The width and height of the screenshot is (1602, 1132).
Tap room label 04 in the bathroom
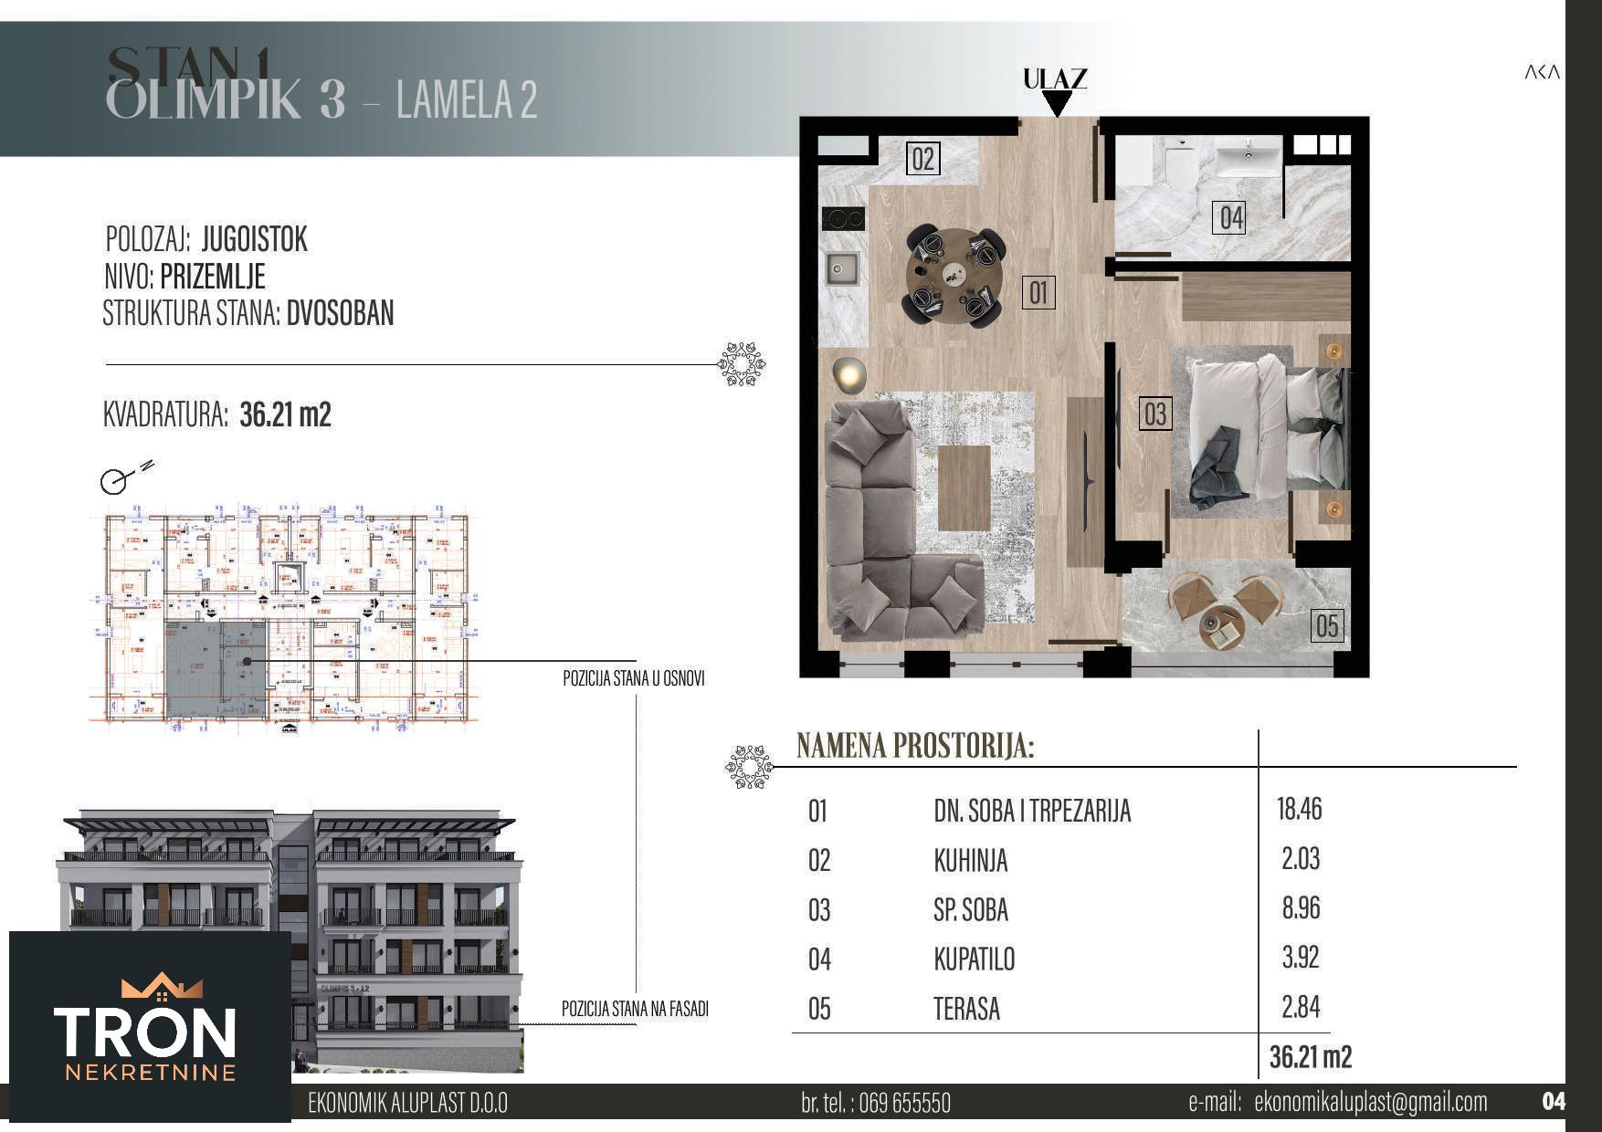click(x=1231, y=218)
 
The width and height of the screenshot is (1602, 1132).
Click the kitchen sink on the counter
click(x=841, y=268)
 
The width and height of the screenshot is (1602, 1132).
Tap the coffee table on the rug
click(x=964, y=488)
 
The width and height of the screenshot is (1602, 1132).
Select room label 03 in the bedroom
click(x=1155, y=414)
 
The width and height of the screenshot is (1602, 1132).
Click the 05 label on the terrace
click(x=1326, y=626)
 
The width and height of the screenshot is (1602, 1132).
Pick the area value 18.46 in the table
click(x=1299, y=809)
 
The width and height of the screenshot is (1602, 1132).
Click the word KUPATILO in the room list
click(x=974, y=959)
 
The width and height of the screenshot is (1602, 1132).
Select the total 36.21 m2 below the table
click(x=1310, y=1057)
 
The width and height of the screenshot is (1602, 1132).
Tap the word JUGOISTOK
click(x=254, y=240)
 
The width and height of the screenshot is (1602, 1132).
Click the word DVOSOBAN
click(x=340, y=313)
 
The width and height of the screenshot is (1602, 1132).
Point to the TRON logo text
click(x=145, y=1032)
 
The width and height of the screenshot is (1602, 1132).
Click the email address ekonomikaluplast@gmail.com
click(x=1371, y=1102)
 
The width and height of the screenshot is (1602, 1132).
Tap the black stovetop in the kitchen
click(x=843, y=219)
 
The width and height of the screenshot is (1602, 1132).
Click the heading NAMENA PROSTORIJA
click(x=915, y=746)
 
